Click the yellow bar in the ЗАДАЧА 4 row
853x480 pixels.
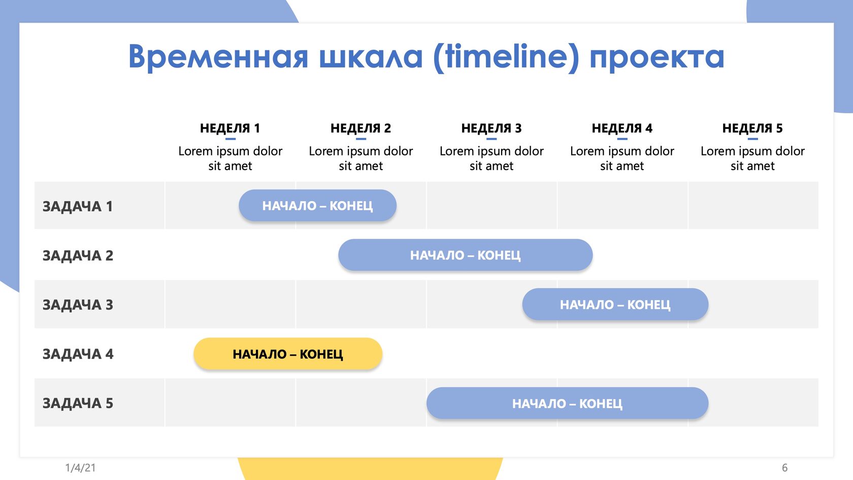coord(288,354)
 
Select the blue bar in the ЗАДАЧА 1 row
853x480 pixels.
coord(318,205)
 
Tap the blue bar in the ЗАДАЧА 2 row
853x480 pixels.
coord(465,255)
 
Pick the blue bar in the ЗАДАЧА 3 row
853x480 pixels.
coord(615,304)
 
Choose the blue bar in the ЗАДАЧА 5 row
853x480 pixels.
coord(568,403)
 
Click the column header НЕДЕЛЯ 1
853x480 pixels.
coord(230,128)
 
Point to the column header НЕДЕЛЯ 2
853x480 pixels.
coord(360,128)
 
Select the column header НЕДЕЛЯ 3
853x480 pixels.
coord(491,128)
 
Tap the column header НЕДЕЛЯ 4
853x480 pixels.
coord(622,128)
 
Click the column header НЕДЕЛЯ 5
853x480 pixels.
coord(752,128)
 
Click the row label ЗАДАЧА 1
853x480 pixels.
coord(78,206)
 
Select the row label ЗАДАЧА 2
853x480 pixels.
coord(78,255)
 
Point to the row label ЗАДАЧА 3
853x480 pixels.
coord(78,305)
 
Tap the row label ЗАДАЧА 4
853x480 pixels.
coord(78,354)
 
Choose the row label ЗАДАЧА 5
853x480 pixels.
coord(78,403)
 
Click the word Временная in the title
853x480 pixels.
coord(218,56)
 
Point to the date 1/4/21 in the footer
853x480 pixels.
coord(80,467)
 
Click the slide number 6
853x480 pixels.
coord(785,467)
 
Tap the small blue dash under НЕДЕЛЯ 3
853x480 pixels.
coord(491,139)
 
